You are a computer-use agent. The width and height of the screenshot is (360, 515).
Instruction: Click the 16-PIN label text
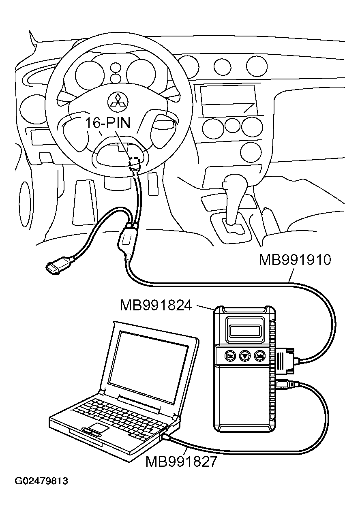(x=107, y=123)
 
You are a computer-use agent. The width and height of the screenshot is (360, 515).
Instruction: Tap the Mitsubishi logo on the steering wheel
(x=117, y=100)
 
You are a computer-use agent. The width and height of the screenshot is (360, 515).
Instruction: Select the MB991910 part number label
(x=295, y=260)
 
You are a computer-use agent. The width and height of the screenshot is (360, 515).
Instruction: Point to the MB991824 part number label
(x=156, y=306)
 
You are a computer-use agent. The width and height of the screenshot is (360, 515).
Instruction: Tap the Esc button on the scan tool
(x=230, y=356)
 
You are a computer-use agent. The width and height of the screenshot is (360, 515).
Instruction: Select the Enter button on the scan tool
(x=260, y=356)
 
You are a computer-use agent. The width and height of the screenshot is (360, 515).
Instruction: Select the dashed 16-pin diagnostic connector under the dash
(x=135, y=163)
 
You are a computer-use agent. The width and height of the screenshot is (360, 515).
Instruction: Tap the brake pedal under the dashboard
(x=84, y=203)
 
